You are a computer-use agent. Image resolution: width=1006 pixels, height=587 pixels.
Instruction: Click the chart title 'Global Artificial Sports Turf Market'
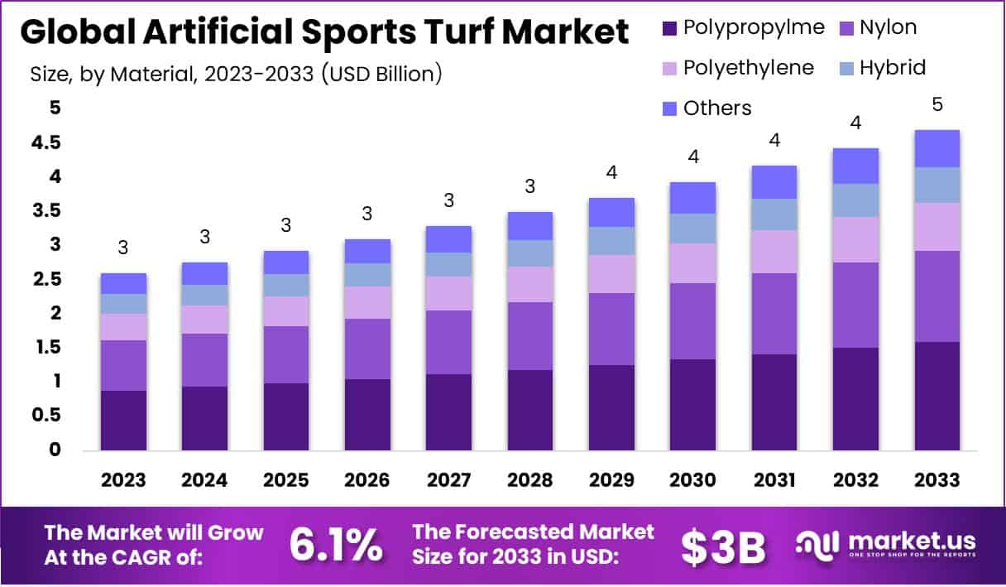[x=323, y=33]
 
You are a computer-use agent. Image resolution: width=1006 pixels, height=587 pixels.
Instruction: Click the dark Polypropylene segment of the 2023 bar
[x=123, y=420]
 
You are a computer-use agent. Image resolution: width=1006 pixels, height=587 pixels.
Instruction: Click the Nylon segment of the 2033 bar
[x=937, y=296]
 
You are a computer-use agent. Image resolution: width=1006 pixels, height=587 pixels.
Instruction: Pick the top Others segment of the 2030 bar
[x=693, y=198]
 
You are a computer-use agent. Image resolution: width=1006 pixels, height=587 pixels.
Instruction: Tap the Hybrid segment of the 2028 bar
[x=530, y=253]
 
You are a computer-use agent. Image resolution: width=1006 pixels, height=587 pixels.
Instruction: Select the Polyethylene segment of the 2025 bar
[x=286, y=311]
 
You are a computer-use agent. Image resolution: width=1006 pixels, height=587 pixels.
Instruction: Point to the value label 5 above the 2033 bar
[x=937, y=105]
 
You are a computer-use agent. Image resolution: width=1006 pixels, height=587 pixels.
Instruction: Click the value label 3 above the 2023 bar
[x=123, y=247]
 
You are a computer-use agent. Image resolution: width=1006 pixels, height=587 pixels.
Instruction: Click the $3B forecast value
[x=723, y=546]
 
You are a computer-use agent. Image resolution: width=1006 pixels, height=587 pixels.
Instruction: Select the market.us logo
[x=885, y=545]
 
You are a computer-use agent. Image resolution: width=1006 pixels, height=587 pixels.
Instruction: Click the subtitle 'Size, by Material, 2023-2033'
[x=236, y=74]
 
